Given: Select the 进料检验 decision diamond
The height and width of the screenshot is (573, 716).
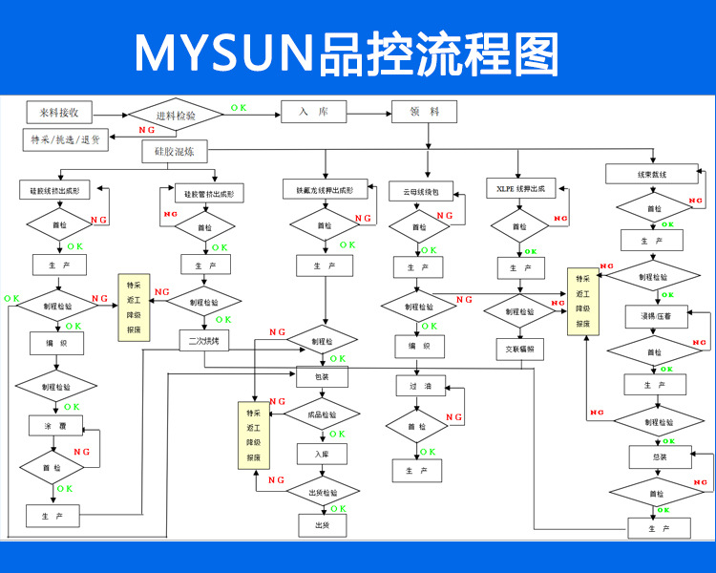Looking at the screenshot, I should (x=175, y=116).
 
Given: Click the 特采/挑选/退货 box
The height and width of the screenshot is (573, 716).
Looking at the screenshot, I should (x=66, y=139).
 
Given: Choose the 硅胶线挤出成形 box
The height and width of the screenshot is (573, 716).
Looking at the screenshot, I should (x=58, y=191).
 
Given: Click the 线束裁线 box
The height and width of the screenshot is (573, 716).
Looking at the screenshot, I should (x=652, y=174).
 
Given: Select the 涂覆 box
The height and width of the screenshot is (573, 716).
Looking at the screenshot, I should (x=55, y=424).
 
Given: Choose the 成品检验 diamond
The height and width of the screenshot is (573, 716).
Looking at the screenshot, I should (x=323, y=415).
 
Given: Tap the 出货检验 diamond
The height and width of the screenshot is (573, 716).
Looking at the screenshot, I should (x=323, y=493).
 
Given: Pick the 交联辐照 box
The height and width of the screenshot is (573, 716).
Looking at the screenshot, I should (x=519, y=349).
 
